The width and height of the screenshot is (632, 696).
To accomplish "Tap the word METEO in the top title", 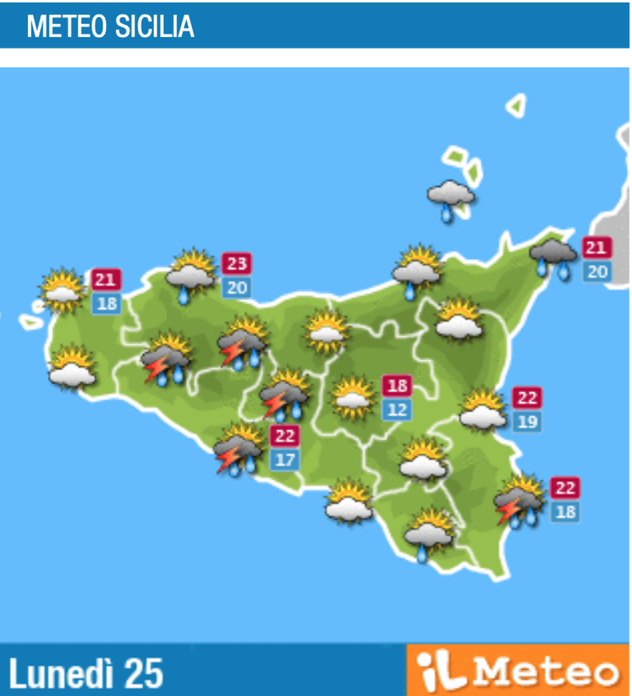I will (x=67, y=26).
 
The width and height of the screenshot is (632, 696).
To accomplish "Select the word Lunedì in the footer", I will (x=62, y=673).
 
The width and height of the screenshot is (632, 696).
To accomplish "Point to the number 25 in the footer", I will (x=143, y=673).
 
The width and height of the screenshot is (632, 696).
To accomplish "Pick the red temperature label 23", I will (x=236, y=264).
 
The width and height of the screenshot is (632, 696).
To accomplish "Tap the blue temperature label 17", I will (x=284, y=459).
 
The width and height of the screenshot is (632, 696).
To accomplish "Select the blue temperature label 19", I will (x=527, y=421).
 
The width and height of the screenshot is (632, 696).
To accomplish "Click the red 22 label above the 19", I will (x=527, y=398).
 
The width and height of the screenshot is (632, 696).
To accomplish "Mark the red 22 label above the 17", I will (x=284, y=435).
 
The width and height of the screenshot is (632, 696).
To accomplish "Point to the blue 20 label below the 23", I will (x=236, y=288).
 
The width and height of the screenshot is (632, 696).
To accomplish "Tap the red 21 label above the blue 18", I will (x=106, y=280).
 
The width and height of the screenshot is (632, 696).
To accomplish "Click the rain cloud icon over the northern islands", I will (x=449, y=197).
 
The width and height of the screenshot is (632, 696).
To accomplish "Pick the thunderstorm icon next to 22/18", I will (x=519, y=501).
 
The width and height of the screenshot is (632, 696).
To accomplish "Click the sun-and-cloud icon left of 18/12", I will (x=354, y=397).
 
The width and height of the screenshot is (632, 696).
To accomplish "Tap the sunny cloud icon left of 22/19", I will (x=482, y=411).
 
